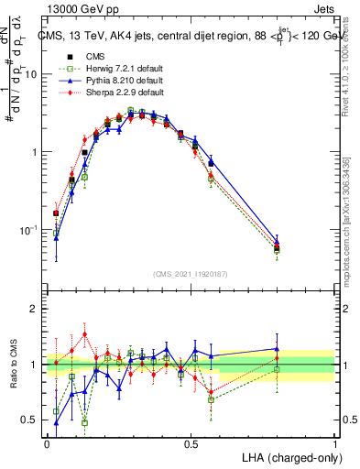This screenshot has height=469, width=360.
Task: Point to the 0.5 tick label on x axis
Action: coord(191,443)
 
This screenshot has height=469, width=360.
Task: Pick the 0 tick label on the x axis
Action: coord(47,443)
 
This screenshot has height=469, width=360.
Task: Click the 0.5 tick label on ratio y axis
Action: coord(32,420)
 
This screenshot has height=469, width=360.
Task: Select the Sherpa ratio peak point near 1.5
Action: coord(85,333)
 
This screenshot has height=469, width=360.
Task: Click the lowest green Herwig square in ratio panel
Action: coord(85,423)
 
